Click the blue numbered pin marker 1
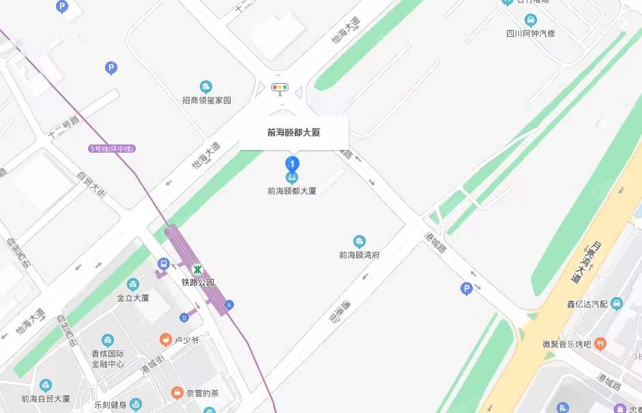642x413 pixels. point(292,164)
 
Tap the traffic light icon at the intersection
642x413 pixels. point(280,87)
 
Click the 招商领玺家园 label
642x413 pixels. point(207,100)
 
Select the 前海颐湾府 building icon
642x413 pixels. point(359,241)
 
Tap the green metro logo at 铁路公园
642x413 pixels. point(196,269)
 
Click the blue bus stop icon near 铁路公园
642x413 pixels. point(163,264)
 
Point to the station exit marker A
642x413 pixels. point(229,305)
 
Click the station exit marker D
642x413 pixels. point(184,317)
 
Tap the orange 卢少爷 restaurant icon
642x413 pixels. point(165,339)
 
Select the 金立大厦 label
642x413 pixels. point(133,298)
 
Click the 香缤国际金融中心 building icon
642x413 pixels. point(107,340)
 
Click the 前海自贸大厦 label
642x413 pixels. point(46,399)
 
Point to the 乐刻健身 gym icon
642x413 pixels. point(136,404)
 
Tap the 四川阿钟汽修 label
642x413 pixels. point(530,33)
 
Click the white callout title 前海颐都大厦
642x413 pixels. point(293,133)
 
